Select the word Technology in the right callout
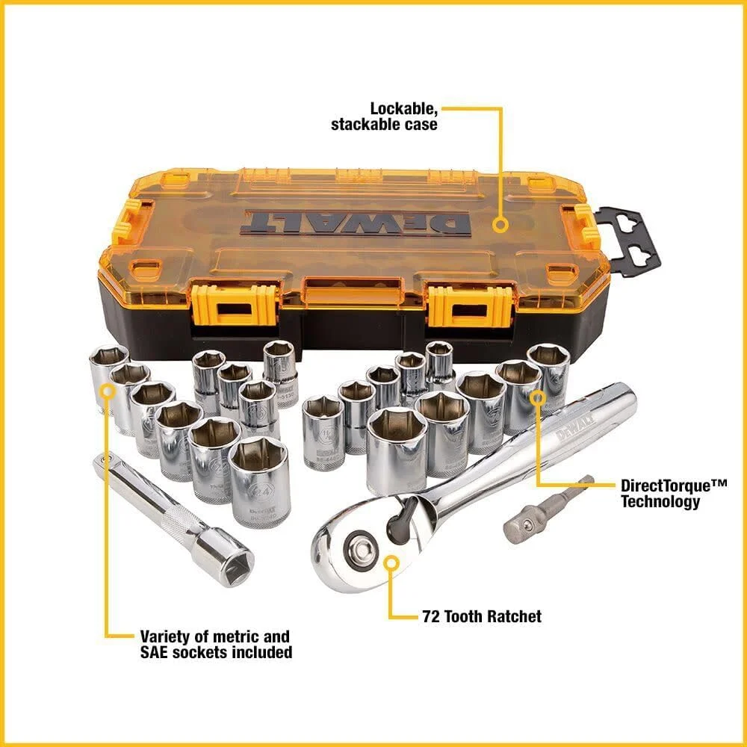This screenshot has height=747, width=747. point(660,501)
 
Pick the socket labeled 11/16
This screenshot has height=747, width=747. point(324,433)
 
